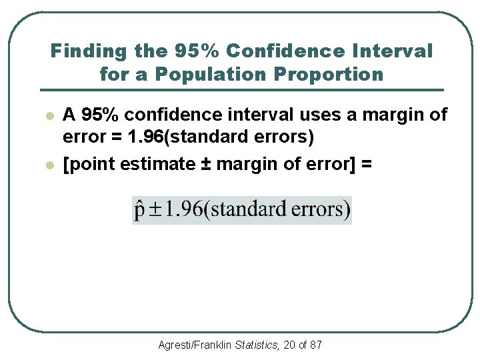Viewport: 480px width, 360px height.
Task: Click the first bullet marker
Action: pos(49,116)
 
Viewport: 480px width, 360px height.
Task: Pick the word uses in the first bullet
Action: pos(319,115)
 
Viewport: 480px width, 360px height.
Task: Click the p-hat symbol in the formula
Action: pos(139,210)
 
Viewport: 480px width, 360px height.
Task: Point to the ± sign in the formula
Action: pos(155,210)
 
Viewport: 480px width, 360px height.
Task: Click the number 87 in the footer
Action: pos(316,345)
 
